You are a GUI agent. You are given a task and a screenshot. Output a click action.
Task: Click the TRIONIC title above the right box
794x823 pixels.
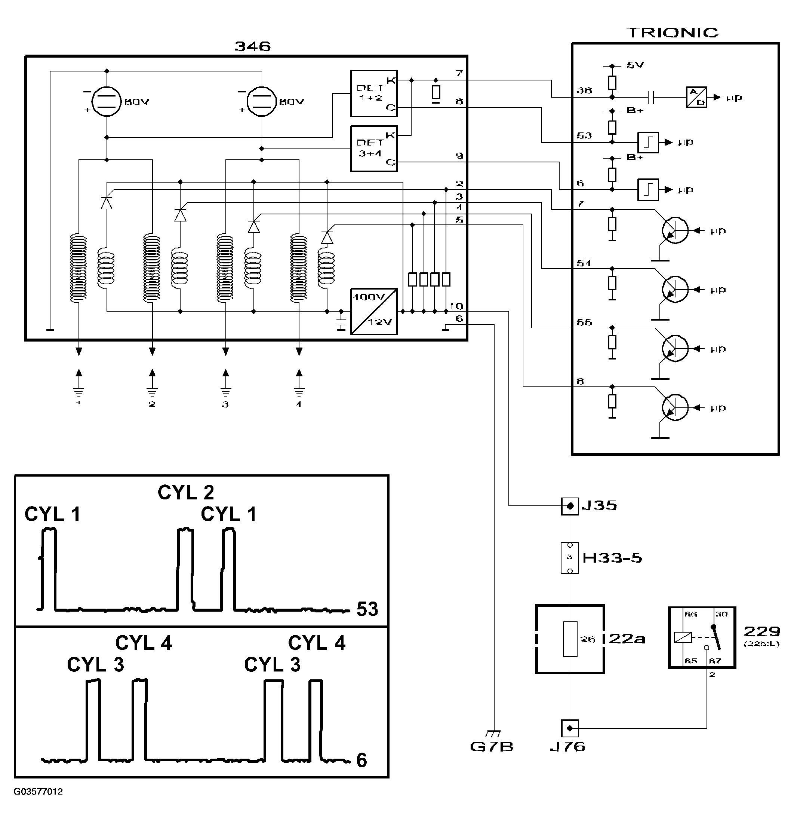pos(672,33)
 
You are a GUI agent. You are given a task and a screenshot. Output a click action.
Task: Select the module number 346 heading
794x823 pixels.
pos(252,46)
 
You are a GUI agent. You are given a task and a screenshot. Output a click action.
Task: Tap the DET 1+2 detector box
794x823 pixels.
pos(373,93)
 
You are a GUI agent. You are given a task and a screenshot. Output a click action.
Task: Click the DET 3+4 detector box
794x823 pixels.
pos(373,148)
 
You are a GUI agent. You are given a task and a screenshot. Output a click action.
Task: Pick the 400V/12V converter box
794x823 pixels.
pos(373,311)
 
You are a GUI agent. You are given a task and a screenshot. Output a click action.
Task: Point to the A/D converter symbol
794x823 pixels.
pos(696,97)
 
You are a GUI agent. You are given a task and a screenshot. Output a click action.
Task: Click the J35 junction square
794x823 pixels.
pos(569,506)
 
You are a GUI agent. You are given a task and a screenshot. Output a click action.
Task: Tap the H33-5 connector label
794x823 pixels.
pos(612,558)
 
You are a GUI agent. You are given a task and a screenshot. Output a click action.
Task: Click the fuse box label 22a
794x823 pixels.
pos(627,639)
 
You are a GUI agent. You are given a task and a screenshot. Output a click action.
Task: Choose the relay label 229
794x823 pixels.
pos(762,631)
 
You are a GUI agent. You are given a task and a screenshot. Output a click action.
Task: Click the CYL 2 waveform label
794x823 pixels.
pos(186,492)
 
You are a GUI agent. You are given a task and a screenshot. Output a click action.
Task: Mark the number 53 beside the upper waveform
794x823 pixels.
pos(367,609)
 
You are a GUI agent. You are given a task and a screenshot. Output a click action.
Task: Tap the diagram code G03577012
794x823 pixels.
pos(38,792)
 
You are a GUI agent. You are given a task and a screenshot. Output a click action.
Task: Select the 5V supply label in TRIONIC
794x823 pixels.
pos(635,65)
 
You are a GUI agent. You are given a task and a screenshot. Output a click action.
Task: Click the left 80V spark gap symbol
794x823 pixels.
pos(107,101)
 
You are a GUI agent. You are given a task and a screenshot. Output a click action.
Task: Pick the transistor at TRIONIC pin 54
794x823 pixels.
pos(675,289)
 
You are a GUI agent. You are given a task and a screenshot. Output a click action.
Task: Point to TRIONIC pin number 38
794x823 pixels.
pos(584,90)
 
